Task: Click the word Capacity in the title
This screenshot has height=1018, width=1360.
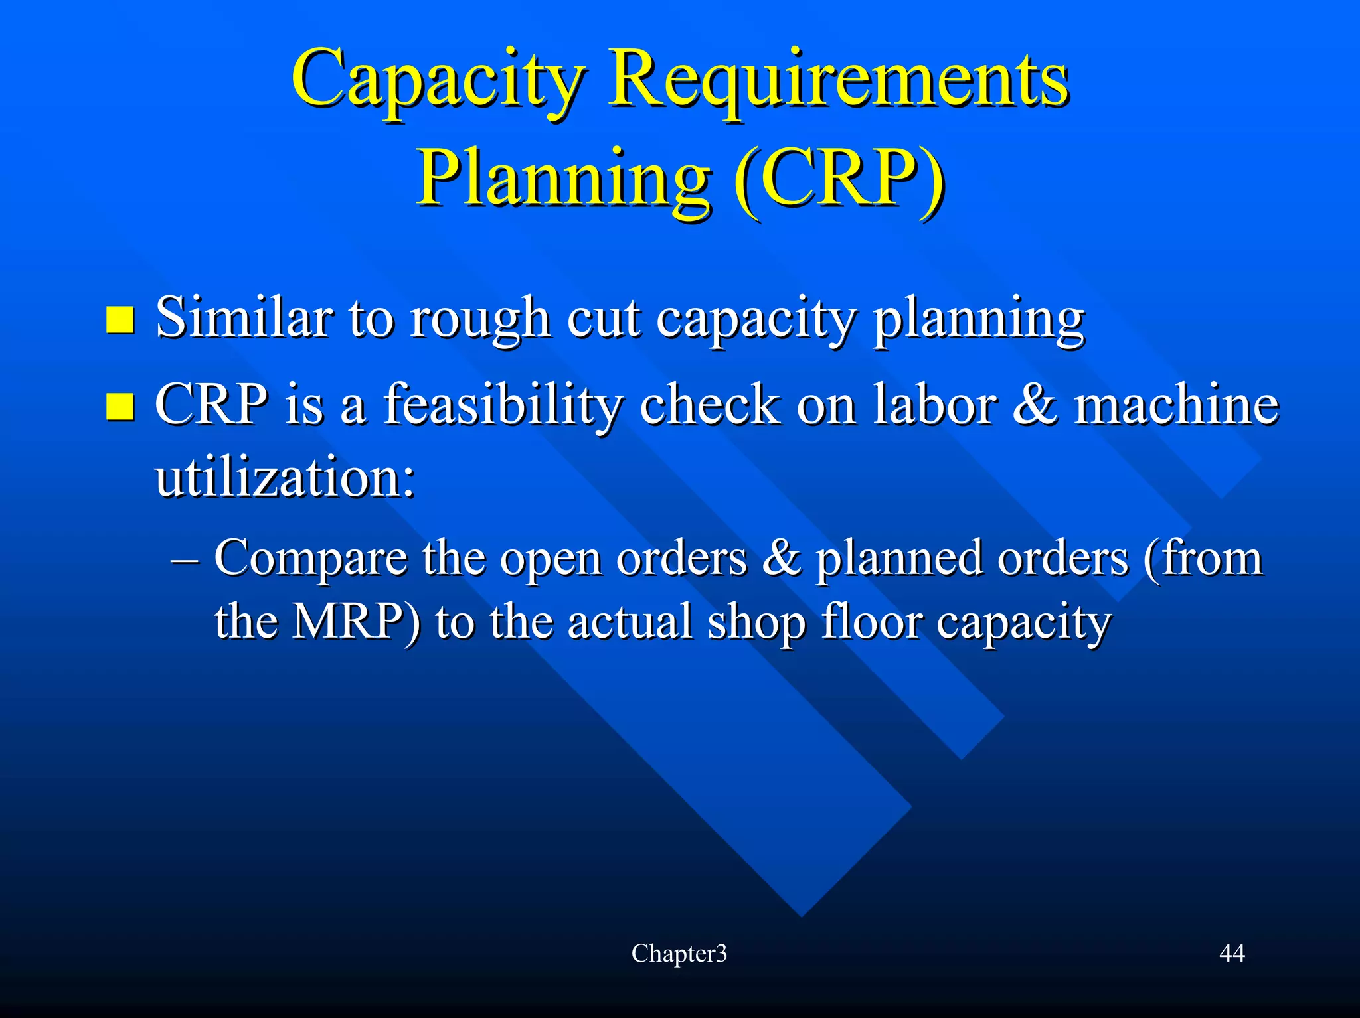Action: [438, 81]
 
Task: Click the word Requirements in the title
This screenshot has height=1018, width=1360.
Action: [839, 81]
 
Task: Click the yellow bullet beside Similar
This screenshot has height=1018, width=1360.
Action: [120, 320]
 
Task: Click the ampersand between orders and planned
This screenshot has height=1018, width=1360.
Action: [781, 558]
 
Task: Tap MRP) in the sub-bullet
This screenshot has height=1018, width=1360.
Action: [356, 622]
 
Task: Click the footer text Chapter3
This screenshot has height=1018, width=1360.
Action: [679, 954]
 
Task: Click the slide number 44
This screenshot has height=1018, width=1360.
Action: [1232, 954]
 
